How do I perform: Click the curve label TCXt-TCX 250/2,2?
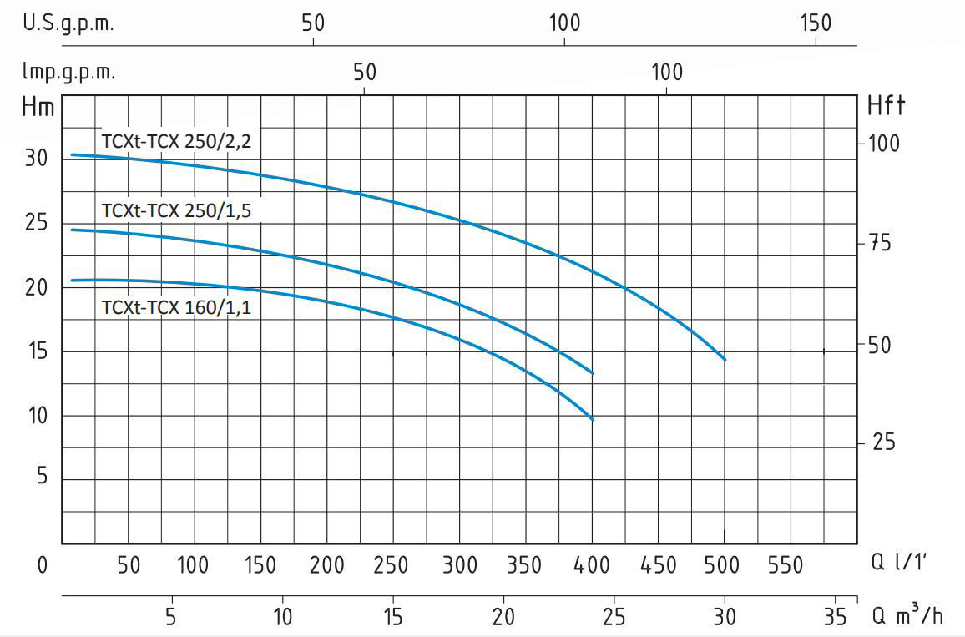coord(176,141)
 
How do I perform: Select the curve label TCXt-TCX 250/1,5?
coord(176,210)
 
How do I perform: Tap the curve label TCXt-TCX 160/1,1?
coord(176,307)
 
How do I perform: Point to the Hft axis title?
coord(887,106)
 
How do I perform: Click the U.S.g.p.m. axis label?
coord(68,23)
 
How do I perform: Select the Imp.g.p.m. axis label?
coord(68,72)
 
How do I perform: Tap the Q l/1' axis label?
coord(897,564)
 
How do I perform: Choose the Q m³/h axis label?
coord(907,616)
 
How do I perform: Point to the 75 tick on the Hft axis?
coord(883,244)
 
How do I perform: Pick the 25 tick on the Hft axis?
coord(883,442)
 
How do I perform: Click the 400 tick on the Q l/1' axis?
coord(592,565)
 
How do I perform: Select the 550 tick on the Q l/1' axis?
coord(785,565)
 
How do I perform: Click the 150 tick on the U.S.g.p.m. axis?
coord(816,23)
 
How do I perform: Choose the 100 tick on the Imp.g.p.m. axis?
coord(666,72)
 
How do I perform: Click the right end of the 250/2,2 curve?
coord(725,360)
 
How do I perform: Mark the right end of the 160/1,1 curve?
coord(593,419)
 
